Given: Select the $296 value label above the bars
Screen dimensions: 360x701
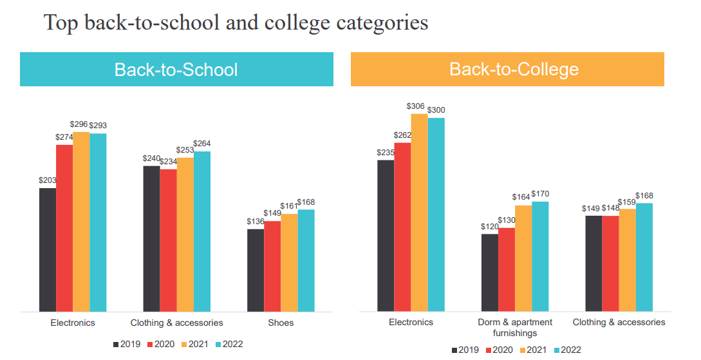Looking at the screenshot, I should coord(81,125).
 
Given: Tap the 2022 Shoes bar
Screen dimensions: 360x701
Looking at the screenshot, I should coord(306,260).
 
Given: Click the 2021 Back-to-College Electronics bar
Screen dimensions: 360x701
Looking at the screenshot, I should coord(419,213).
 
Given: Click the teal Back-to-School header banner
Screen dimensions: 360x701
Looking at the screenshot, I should coord(176,70).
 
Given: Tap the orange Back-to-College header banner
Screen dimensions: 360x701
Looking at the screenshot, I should coord(507,70).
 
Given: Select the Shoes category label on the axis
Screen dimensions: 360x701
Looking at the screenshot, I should coord(281,323).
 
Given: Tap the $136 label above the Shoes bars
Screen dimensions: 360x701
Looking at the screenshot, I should coord(256,222).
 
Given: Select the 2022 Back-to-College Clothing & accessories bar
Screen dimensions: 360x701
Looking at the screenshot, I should coord(644,257).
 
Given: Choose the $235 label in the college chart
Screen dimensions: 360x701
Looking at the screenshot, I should coord(386,153).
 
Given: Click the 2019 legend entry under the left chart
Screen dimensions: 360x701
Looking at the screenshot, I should coord(127,345).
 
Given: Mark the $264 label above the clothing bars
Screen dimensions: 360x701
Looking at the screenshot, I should coord(202,144).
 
